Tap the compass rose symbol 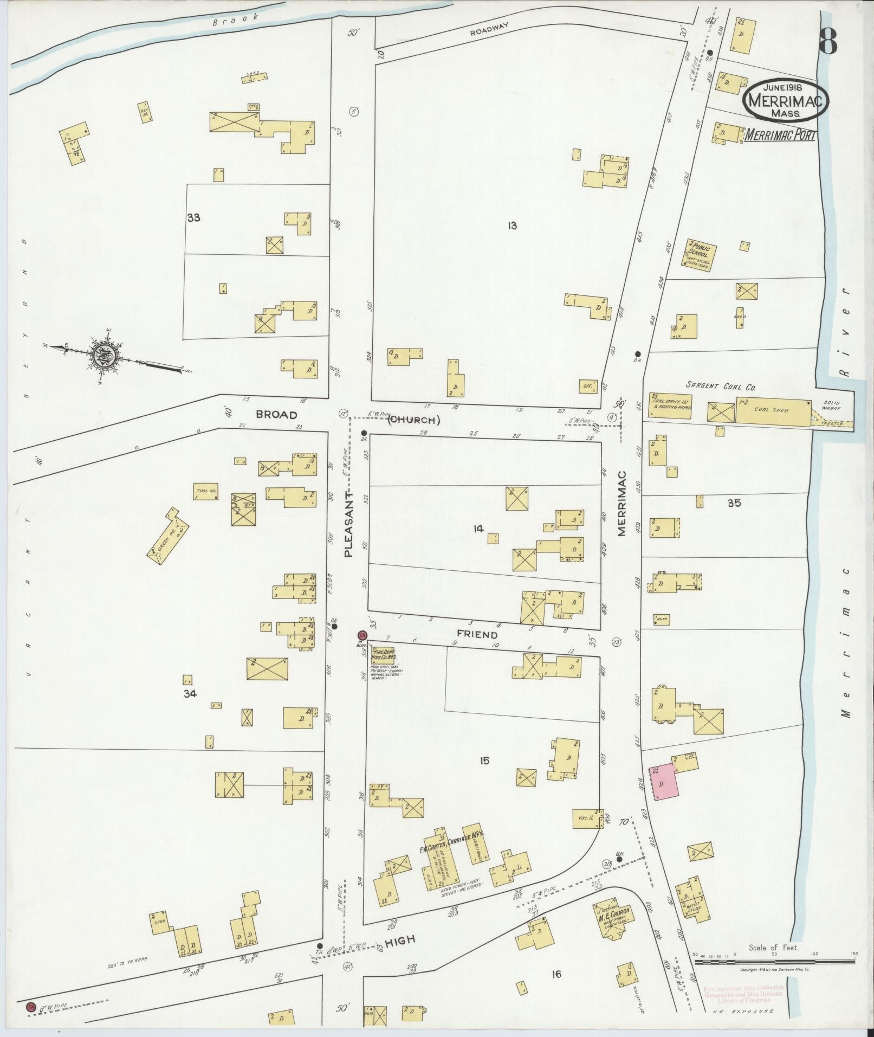[x=103, y=355]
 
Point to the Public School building [x=700, y=255]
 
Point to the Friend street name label [x=477, y=634]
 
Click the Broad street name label [x=277, y=415]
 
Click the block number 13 [x=512, y=226]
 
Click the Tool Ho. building [x=205, y=493]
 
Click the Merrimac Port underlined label [x=780, y=136]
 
